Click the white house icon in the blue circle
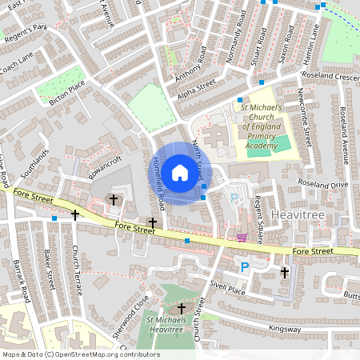click(x=180, y=173)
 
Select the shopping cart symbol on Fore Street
click(x=242, y=237)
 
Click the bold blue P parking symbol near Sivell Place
click(x=245, y=266)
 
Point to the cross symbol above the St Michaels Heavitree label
click(x=181, y=308)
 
